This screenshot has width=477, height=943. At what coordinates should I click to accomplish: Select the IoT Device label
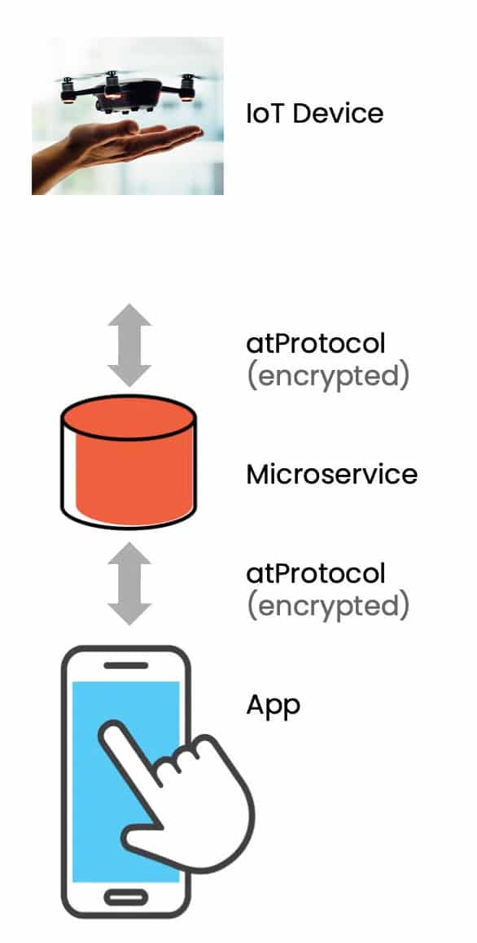[x=314, y=113]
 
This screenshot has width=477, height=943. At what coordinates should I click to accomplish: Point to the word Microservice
[x=332, y=474]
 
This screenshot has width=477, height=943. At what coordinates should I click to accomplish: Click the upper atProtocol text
[x=315, y=343]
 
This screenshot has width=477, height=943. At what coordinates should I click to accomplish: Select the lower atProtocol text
[x=315, y=573]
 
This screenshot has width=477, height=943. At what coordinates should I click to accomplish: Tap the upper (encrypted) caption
[x=327, y=376]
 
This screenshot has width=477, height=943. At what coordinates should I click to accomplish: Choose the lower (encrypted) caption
[x=327, y=606]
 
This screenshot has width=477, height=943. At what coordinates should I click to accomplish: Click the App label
[x=274, y=706]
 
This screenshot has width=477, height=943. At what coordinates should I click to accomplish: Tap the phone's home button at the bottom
[x=126, y=897]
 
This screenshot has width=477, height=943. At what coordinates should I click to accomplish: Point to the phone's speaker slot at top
[x=126, y=665]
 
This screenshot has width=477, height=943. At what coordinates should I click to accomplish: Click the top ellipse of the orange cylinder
[x=129, y=417]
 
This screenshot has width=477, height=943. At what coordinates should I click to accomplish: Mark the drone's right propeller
[x=192, y=78]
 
